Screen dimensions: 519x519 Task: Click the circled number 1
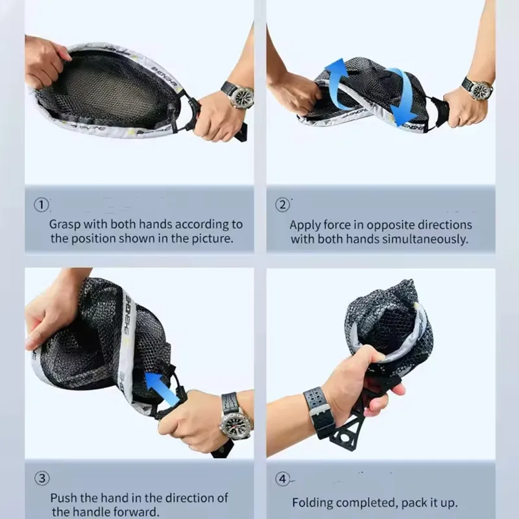[41, 205]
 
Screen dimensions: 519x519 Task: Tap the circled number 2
[282, 205]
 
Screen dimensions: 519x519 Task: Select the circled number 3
[42, 479]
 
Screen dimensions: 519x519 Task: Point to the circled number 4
[282, 479]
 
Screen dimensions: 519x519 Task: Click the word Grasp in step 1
[65, 225]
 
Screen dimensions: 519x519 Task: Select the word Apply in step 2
[305, 225]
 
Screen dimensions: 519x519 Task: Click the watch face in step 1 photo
[243, 96]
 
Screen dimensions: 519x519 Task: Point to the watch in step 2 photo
[477, 89]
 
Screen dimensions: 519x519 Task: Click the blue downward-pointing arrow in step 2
[403, 95]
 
